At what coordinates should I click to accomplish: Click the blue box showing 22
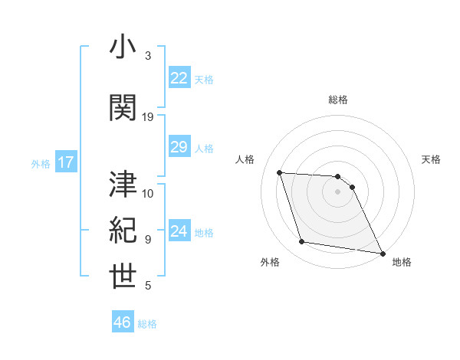tap(179, 78)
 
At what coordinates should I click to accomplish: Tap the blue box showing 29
tap(179, 147)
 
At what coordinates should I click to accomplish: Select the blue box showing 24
tap(179, 231)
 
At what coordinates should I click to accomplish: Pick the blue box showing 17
tap(65, 162)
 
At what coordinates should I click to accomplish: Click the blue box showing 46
tap(123, 322)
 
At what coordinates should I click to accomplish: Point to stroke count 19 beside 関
tap(148, 117)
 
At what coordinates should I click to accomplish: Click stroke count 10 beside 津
tap(148, 193)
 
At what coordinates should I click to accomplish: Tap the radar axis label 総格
tap(338, 100)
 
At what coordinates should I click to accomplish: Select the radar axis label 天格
tap(431, 159)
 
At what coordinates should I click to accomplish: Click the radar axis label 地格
tap(402, 262)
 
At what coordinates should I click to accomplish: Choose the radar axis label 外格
tap(270, 262)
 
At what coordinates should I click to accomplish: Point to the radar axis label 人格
tap(245, 159)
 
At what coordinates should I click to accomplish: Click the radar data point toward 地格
tap(382, 253)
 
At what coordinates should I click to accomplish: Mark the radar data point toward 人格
tap(279, 172)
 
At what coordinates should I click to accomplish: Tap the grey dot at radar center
tap(337, 191)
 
